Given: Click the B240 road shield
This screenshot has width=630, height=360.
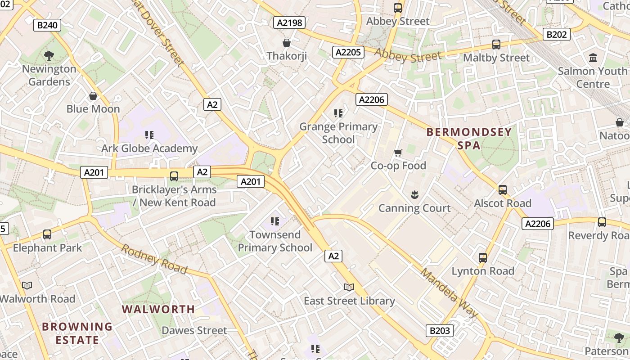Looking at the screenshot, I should pyautogui.click(x=47, y=25).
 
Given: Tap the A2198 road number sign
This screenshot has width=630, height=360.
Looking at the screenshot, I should pyautogui.click(x=289, y=22).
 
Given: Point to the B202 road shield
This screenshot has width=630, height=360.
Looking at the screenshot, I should pyautogui.click(x=557, y=34).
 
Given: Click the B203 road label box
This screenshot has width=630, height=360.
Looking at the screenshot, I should pyautogui.click(x=439, y=331).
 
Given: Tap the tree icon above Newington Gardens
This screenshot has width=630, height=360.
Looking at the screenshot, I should pyautogui.click(x=49, y=56).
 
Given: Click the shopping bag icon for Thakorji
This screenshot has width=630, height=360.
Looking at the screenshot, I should pyautogui.click(x=286, y=43).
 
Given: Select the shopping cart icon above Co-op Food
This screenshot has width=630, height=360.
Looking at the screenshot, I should pyautogui.click(x=398, y=153).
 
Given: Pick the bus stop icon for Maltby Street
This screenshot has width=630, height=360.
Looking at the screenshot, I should pyautogui.click(x=496, y=45).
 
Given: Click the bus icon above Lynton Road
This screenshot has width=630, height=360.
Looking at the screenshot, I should pyautogui.click(x=483, y=258).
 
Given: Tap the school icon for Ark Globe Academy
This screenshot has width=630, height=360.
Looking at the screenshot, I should pyautogui.click(x=150, y=135).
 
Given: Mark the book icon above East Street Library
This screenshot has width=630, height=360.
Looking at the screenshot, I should pyautogui.click(x=349, y=287).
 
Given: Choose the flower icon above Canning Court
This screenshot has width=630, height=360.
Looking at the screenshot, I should pyautogui.click(x=414, y=195).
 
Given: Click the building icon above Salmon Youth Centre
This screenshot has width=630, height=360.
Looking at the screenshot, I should pyautogui.click(x=593, y=58).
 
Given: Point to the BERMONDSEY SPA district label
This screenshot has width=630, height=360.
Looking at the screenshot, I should pyautogui.click(x=469, y=139).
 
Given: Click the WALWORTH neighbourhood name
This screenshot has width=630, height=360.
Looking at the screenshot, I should pyautogui.click(x=158, y=309).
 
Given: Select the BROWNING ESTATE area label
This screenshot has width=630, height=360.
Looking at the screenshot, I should pyautogui.click(x=77, y=333).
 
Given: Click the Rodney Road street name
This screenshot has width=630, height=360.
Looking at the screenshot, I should pyautogui.click(x=154, y=259).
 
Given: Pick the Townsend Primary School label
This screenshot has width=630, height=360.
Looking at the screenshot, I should pyautogui.click(x=275, y=241).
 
